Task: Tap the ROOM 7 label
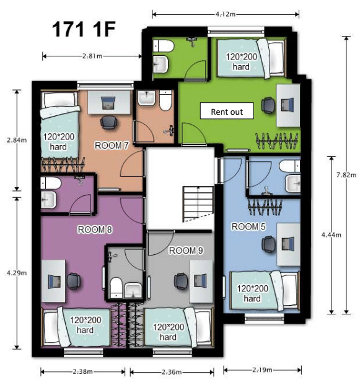pyautogui.click(x=111, y=146)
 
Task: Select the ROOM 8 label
pyautogui.click(x=95, y=229)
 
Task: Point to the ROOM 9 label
pyautogui.click(x=185, y=251)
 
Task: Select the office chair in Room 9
pyautogui.click(x=181, y=281)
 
